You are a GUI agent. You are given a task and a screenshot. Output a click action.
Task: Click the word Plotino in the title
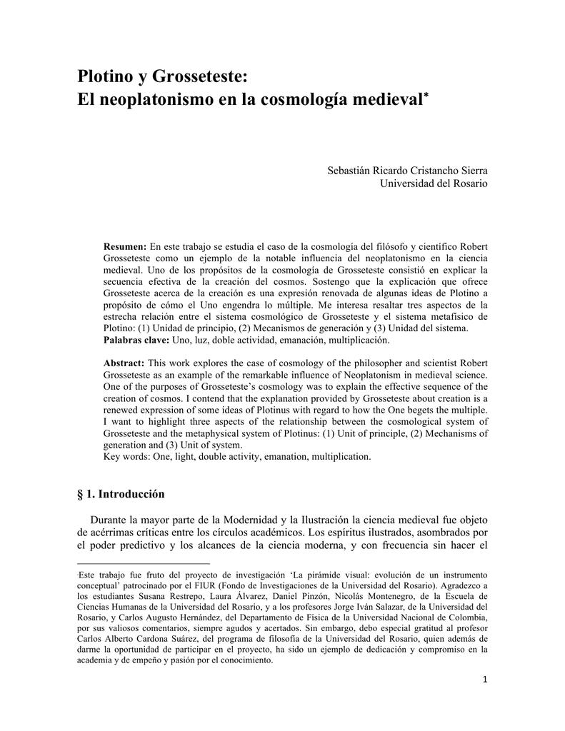coord(106,75)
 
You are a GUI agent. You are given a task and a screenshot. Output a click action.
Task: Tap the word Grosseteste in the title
coord(199,75)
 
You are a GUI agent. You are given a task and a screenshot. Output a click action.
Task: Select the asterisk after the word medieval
coord(426,94)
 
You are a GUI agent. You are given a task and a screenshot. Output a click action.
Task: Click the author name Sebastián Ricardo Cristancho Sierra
coord(407,171)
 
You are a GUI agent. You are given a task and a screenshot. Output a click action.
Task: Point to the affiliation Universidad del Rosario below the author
coord(433,183)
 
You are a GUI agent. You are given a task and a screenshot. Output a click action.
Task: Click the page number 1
coord(484,680)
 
